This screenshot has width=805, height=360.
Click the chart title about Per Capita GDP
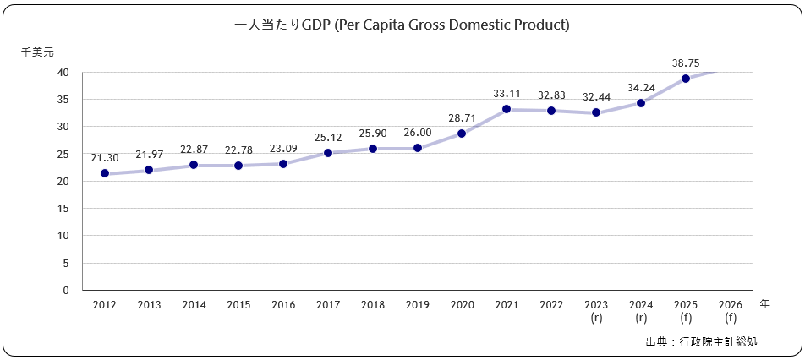point(402,25)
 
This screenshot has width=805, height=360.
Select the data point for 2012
point(105,173)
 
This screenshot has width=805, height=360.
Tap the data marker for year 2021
point(507,109)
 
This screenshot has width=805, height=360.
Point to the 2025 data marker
point(686,79)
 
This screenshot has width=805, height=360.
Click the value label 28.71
point(462,117)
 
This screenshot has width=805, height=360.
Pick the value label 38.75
point(686,63)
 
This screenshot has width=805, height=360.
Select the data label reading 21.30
point(105,157)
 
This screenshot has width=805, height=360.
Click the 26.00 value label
point(417,133)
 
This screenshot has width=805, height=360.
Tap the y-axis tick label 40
point(63,73)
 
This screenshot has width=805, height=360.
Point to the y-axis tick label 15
point(63,209)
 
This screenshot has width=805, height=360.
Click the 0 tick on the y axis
point(66,290)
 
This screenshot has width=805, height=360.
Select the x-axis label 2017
point(328,305)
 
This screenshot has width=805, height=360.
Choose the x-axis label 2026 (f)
point(730,311)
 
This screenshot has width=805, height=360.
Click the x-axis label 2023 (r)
point(596,311)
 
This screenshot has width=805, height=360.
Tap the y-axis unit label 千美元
point(37,52)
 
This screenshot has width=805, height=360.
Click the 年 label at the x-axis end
point(764,303)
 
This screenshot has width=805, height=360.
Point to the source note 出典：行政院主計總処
point(701,342)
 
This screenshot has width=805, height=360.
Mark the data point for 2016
point(283,163)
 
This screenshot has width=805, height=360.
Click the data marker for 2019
point(417,148)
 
